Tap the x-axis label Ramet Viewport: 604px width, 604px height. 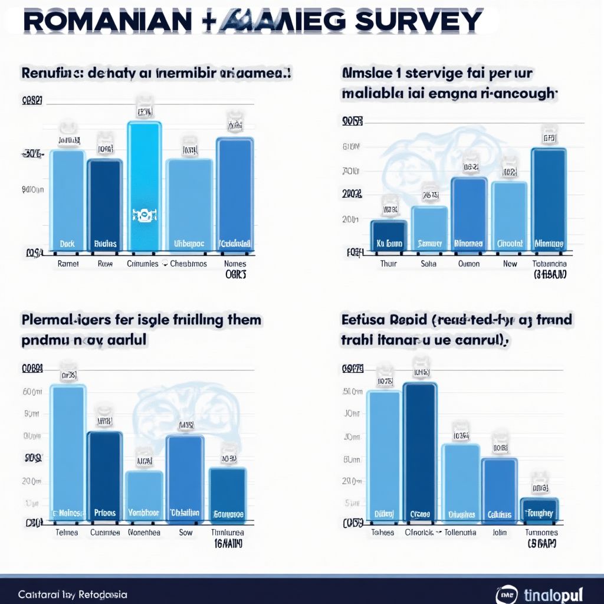coord(68,264)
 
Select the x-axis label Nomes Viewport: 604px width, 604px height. coord(235,264)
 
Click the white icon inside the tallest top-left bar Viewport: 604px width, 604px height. coord(143,216)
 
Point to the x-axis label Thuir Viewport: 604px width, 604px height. coord(388,264)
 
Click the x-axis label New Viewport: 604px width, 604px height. coord(510,264)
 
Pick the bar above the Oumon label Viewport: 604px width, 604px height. coord(469,212)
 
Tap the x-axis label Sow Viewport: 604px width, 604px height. coord(186,532)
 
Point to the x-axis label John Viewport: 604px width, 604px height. coord(500,532)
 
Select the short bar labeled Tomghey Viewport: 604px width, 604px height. coord(539,511)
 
